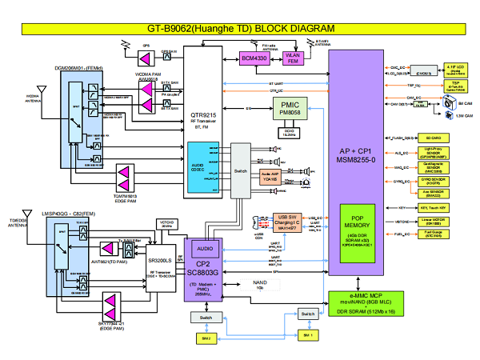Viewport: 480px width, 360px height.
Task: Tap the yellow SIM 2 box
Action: tap(206, 339)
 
